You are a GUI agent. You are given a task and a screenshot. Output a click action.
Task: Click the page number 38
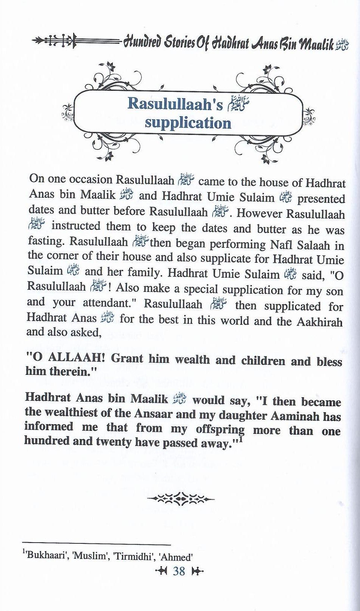click(179, 571)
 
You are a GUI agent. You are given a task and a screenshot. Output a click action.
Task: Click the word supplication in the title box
click(188, 123)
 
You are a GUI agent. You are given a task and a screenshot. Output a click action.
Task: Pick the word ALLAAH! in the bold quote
click(71, 358)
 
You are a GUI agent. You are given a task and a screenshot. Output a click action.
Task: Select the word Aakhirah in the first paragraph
click(319, 322)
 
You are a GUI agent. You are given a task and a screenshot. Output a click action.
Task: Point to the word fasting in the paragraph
click(46, 241)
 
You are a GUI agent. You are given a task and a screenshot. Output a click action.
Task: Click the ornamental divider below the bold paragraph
click(181, 498)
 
